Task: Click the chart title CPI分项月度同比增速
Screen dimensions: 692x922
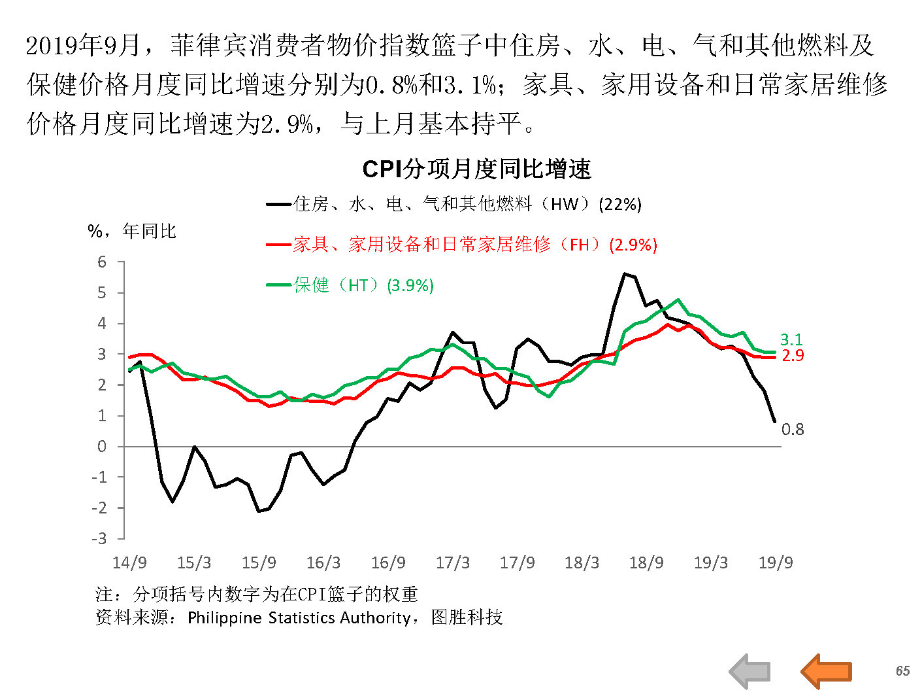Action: click(x=476, y=169)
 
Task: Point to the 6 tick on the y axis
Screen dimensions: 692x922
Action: click(x=102, y=262)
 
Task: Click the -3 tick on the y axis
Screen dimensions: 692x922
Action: click(x=99, y=539)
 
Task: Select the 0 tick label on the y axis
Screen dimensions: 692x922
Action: click(x=102, y=447)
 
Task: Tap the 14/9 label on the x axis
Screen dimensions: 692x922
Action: click(x=129, y=562)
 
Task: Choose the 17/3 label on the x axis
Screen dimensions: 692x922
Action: click(x=452, y=562)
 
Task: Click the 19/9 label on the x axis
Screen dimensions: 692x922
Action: click(x=775, y=562)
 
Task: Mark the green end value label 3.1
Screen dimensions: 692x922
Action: click(x=791, y=339)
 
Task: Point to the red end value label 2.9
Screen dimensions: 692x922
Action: click(x=793, y=355)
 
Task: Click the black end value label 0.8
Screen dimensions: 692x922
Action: click(x=793, y=429)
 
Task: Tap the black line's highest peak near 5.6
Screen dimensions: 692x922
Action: click(x=625, y=273)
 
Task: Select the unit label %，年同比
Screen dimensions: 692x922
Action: click(x=132, y=231)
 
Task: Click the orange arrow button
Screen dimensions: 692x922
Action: click(x=827, y=670)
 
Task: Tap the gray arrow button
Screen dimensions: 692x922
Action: click(x=750, y=671)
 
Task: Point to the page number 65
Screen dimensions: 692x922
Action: click(x=902, y=671)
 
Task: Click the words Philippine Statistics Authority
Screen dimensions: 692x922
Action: click(x=299, y=617)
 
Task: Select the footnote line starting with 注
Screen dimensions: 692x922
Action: click(x=256, y=594)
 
